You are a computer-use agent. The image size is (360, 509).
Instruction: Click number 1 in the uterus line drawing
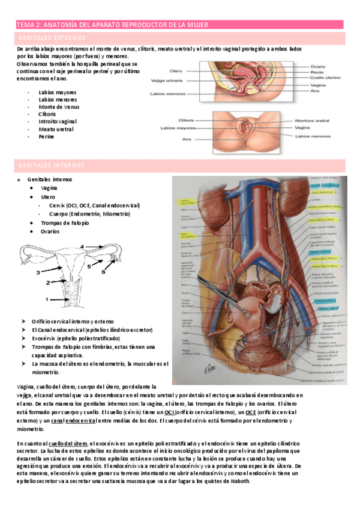pos(46,298)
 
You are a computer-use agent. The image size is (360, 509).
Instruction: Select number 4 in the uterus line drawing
pos(83,247)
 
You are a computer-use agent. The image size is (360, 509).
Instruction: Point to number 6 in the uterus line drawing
pos(103,271)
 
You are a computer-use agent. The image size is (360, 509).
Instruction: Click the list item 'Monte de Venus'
pos(59,107)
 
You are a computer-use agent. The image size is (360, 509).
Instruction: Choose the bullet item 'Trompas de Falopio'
pos(65,223)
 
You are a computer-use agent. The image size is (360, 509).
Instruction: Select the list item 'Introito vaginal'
pos(59,121)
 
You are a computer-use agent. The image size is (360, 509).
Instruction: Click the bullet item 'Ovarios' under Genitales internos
pos(50,231)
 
